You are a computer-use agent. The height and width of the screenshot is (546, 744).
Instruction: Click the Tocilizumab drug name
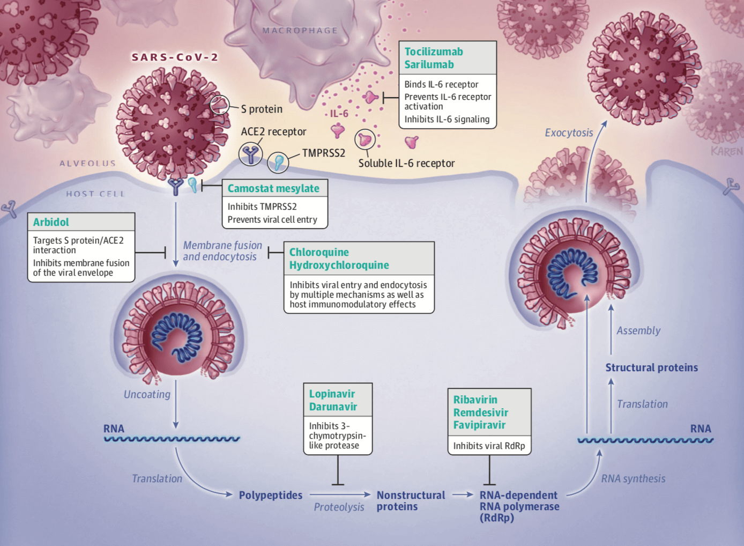click(434, 52)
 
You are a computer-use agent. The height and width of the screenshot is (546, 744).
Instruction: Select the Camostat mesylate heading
click(273, 188)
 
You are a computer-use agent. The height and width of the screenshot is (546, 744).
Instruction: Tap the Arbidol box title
click(51, 222)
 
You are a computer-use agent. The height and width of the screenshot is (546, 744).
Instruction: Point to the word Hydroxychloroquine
click(339, 265)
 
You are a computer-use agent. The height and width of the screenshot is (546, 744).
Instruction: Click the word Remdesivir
click(481, 412)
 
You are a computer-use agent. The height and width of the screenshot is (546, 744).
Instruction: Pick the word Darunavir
click(333, 407)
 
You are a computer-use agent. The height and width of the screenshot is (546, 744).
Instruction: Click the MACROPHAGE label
click(300, 31)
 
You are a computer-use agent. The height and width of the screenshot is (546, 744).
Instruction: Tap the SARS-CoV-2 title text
click(175, 57)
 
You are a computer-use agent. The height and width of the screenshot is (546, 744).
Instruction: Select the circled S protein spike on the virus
click(220, 105)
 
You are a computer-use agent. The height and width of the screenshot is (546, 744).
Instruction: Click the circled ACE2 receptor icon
click(251, 154)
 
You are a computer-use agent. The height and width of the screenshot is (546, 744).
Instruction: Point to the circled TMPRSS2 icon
click(278, 162)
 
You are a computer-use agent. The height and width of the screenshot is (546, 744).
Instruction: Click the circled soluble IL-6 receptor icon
click(365, 139)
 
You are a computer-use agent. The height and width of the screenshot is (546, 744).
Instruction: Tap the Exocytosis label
click(569, 133)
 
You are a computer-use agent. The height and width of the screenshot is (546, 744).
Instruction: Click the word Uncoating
click(147, 394)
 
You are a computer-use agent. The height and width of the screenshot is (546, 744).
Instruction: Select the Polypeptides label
click(271, 495)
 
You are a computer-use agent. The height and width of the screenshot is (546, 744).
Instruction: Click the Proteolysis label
click(339, 507)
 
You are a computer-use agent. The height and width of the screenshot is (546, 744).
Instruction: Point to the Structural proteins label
click(651, 367)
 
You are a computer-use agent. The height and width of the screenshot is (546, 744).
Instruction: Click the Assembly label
click(638, 331)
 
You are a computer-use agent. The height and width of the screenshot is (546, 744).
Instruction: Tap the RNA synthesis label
click(633, 478)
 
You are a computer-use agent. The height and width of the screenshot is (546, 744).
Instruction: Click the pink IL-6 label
click(339, 114)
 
